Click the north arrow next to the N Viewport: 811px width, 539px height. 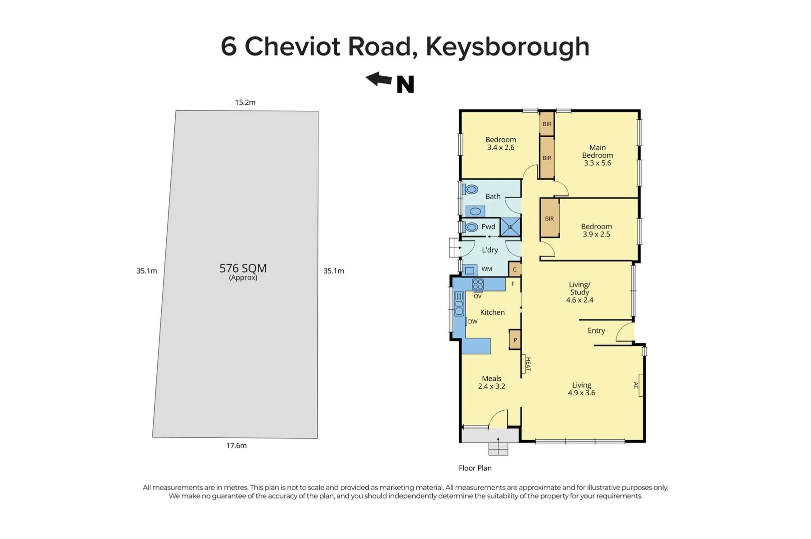coord(378,79)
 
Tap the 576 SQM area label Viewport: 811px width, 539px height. coord(243,269)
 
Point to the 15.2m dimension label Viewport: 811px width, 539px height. coord(245,102)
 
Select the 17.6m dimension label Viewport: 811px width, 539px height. coord(236,446)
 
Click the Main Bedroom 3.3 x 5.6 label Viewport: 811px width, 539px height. coord(597,155)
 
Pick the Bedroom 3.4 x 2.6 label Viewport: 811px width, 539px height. coord(500,144)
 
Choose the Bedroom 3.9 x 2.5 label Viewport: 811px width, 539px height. coord(596,230)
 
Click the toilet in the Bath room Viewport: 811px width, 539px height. coord(470,190)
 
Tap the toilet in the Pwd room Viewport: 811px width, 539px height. coord(471,227)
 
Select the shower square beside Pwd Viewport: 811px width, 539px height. coord(510,227)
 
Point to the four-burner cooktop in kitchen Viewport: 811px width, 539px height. coord(478,284)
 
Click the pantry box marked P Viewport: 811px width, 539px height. coord(515,340)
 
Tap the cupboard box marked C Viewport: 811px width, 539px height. coord(515,269)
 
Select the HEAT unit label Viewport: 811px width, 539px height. coord(527,364)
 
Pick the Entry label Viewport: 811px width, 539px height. coord(596,330)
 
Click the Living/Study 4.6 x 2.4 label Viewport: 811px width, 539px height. coord(580,292)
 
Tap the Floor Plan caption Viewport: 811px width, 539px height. coord(475,468)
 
